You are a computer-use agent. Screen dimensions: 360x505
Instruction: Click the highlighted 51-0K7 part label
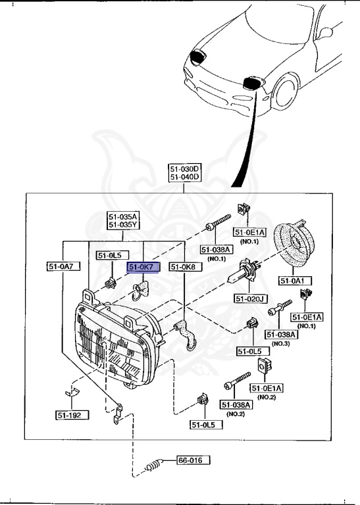click(143, 267)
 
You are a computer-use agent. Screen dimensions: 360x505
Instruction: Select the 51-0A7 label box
click(63, 266)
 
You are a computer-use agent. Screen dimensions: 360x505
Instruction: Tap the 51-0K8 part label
click(186, 267)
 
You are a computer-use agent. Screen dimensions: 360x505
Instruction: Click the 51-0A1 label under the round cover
click(296, 281)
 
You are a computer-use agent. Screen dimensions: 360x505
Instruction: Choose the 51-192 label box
click(72, 415)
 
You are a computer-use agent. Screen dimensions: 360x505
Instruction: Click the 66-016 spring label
click(193, 460)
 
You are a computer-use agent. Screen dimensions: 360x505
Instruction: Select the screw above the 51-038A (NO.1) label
click(219, 222)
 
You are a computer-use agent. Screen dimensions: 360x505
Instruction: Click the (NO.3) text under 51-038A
click(281, 344)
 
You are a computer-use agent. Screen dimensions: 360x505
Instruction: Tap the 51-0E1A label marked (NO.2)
click(266, 389)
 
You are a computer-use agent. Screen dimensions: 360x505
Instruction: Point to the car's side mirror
click(326, 32)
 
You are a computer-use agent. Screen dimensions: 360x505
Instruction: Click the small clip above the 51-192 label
click(72, 393)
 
